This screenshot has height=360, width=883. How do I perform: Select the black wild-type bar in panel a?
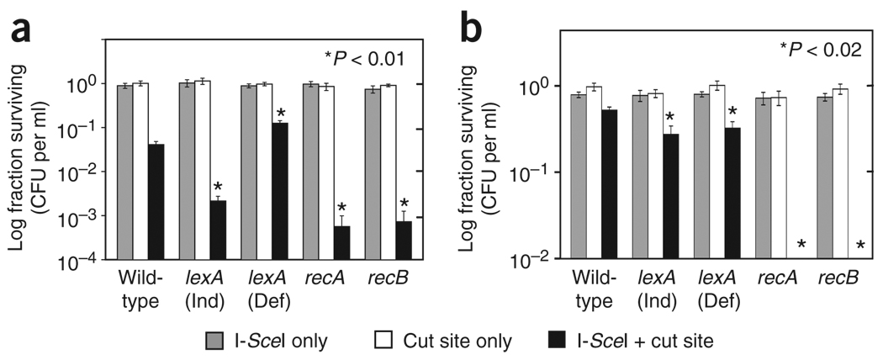click(156, 202)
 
